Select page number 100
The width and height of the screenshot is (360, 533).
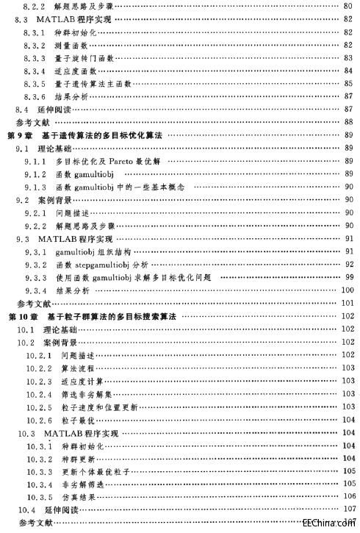[348, 290]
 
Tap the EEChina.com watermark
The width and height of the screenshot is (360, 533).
[333, 524]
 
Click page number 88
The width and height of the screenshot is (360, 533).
[350, 122]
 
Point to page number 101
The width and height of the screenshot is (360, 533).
[348, 303]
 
